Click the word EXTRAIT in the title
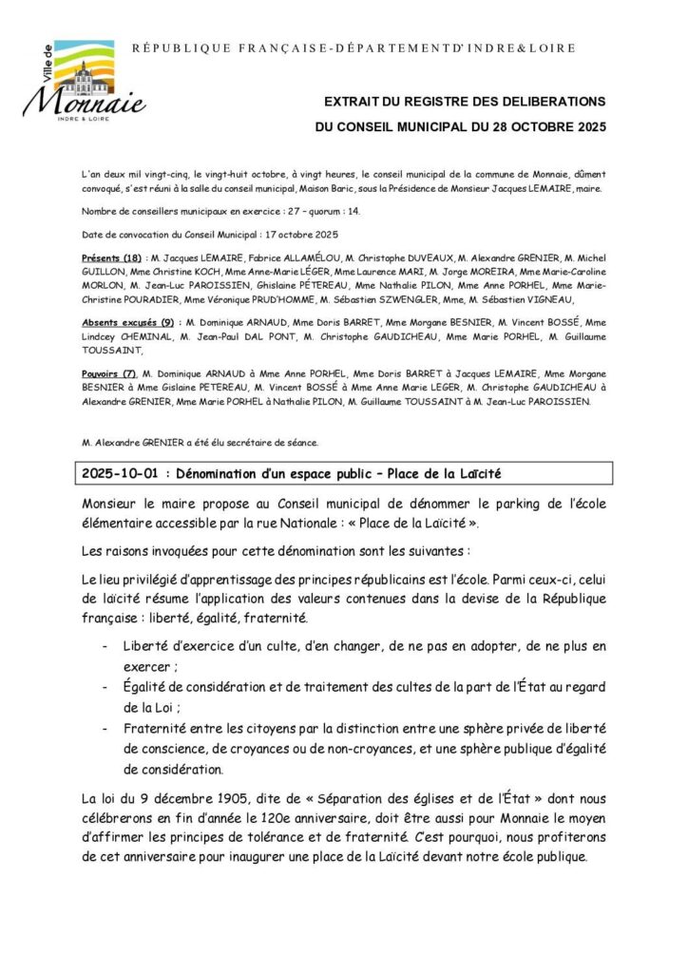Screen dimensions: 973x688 [352, 101]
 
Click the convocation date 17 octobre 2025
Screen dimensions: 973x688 [290, 234]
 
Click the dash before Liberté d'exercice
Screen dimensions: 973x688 [104, 646]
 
